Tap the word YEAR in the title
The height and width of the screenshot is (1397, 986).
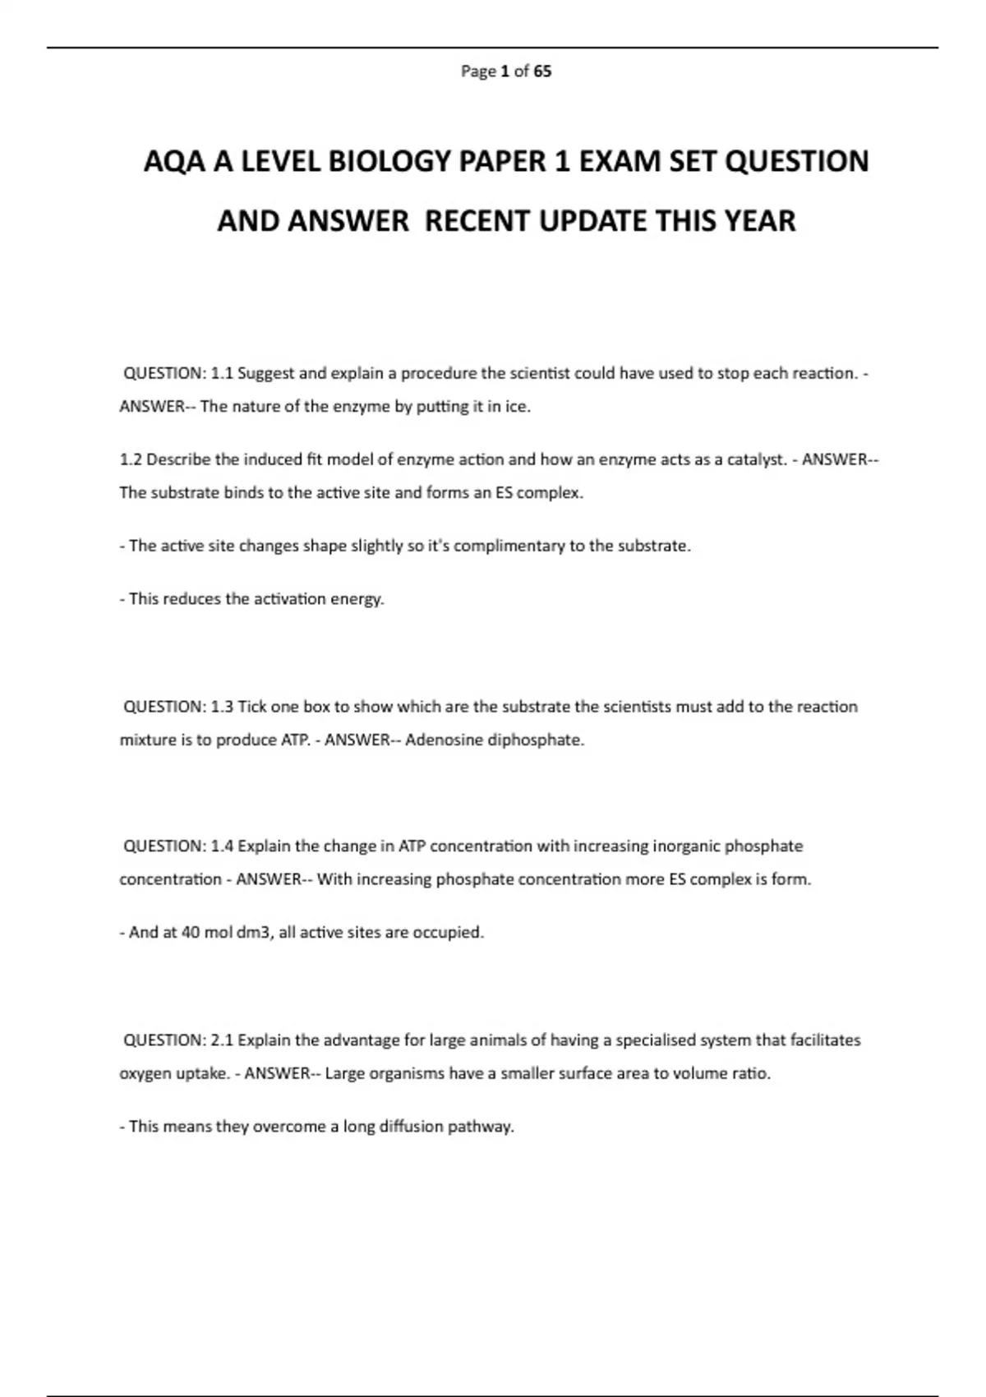point(760,221)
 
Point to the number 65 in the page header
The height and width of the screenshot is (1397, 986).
point(542,71)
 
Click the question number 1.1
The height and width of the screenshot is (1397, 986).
point(222,373)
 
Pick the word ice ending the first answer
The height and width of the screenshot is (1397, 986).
point(517,407)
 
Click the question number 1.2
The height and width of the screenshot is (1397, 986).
point(131,460)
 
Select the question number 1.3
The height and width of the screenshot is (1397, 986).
point(222,707)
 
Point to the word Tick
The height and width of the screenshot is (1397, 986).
point(251,707)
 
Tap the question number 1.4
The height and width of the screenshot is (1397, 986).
point(222,846)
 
